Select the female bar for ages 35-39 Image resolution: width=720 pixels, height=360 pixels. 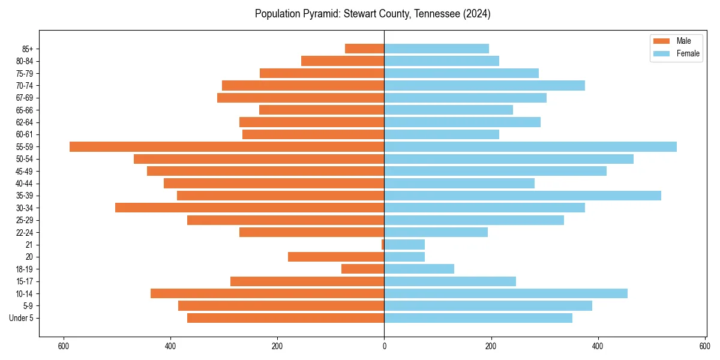coord(523,196)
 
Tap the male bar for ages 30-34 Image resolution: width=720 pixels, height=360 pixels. coord(250,208)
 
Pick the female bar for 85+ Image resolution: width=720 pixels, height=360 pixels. coord(436,49)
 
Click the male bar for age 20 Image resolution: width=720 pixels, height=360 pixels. coord(336,257)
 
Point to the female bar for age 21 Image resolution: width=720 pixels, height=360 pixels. coord(404,245)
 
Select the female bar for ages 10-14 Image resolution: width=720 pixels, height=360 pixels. coord(506,293)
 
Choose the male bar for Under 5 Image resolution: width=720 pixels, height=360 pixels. coord(286,318)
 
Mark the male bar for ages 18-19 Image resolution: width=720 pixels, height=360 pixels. coord(362,269)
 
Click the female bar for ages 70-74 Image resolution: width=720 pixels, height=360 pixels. coord(484,86)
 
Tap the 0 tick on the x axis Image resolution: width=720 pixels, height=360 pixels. coord(384,346)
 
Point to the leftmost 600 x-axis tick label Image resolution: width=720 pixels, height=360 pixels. coord(63,346)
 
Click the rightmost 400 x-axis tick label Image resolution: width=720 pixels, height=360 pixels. coord(598,346)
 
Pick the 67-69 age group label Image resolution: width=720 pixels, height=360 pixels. coord(25,98)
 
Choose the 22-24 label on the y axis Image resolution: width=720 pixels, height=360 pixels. coord(25,233)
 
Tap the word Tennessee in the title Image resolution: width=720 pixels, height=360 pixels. coord(434,14)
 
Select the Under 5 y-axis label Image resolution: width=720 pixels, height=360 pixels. coord(22,318)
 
